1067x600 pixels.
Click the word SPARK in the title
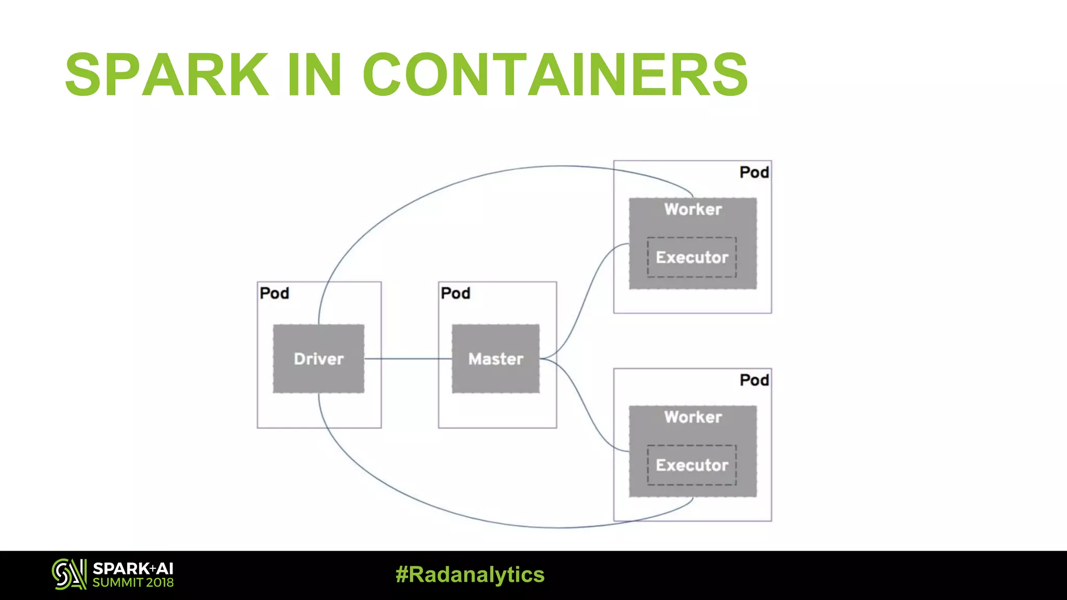(167, 75)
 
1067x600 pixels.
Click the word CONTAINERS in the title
(555, 75)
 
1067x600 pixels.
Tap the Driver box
(318, 358)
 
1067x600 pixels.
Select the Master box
(495, 358)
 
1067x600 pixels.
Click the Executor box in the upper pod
(692, 257)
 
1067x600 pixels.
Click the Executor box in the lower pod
(692, 465)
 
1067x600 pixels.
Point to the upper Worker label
(693, 209)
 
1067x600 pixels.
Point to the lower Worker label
(693, 417)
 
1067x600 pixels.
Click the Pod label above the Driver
(275, 293)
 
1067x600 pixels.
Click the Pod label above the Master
(455, 293)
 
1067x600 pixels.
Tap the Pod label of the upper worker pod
(754, 172)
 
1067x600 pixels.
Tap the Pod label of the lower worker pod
(754, 380)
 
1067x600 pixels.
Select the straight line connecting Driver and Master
(408, 359)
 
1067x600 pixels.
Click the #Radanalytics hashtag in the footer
(470, 574)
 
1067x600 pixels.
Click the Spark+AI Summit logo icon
(69, 574)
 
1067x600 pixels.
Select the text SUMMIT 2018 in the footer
(133, 583)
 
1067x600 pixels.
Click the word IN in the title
(315, 75)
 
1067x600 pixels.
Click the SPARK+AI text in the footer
(133, 568)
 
